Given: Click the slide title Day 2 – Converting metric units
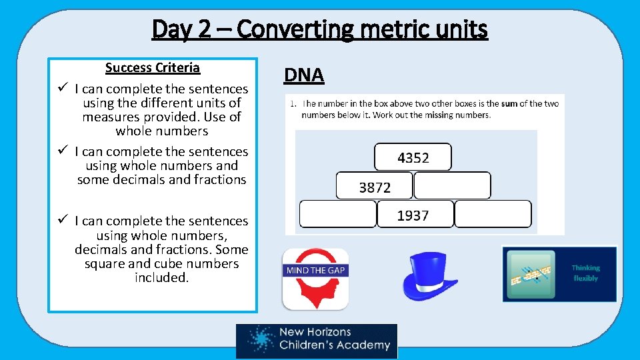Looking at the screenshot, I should [x=320, y=29].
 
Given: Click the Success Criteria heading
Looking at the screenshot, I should [x=152, y=67].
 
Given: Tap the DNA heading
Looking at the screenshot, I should [x=303, y=75].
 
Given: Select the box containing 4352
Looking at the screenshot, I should [x=413, y=157].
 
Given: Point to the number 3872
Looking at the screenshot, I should [x=375, y=187].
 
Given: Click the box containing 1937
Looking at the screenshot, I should [x=413, y=215].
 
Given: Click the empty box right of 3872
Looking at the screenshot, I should [x=452, y=185].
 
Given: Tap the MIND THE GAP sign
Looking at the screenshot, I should [x=315, y=270].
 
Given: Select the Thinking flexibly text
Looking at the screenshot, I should [x=585, y=273].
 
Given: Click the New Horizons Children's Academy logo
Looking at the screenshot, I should [x=317, y=341].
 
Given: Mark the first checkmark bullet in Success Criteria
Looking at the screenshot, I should [x=61, y=88].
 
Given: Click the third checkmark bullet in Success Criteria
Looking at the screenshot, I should [x=61, y=220].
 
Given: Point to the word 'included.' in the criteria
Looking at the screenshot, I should [x=161, y=277].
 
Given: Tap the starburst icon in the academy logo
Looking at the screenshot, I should [x=260, y=340].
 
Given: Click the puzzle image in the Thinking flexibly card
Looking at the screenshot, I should [x=531, y=274].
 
